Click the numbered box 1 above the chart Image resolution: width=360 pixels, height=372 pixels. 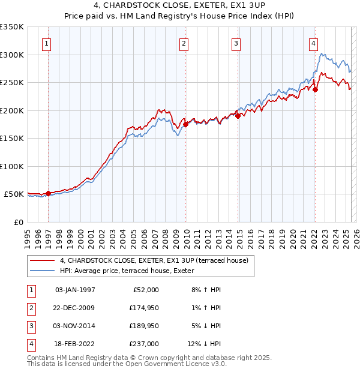coord(47,43)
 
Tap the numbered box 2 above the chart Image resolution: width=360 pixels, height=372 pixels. coord(184,43)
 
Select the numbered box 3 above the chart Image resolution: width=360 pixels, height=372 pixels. coord(236,43)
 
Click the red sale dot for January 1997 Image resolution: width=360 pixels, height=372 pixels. coord(49,193)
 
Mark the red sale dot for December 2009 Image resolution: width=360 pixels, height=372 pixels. coord(186,124)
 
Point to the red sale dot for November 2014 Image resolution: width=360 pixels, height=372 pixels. coord(238,116)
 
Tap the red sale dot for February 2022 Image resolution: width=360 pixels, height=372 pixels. coord(315,89)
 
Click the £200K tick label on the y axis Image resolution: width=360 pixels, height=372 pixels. coord(11,110)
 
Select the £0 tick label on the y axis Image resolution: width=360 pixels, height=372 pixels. coord(19,222)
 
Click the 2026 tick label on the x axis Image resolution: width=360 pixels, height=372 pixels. coord(356,236)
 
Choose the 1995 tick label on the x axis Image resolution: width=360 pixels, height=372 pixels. coord(28,236)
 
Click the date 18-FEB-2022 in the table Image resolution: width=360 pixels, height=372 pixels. coord(74,344)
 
